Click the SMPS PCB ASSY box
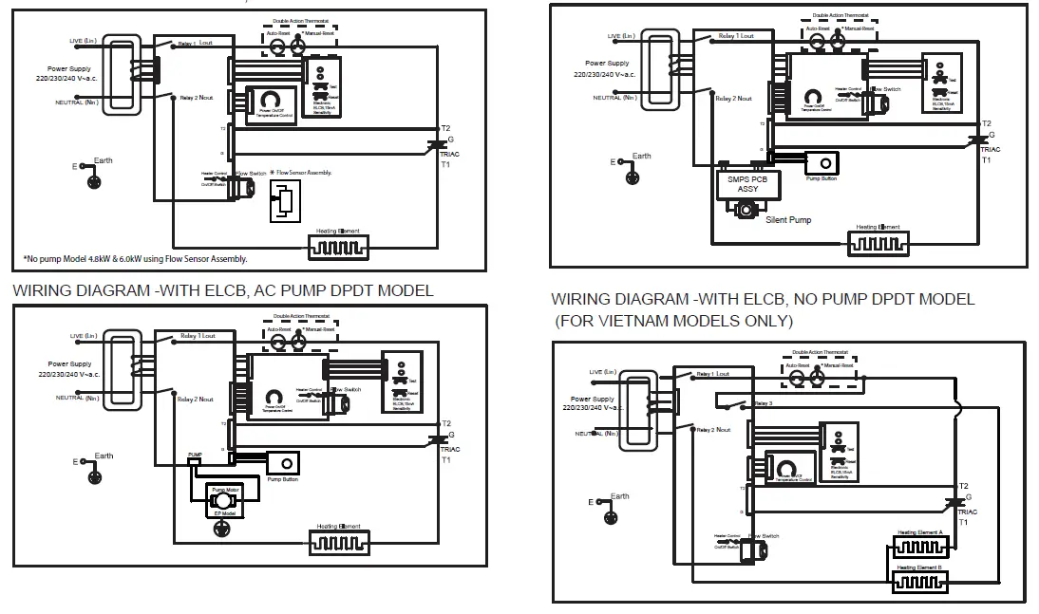pos(747,183)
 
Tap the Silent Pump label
pos(788,219)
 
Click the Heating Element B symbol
pos(919,578)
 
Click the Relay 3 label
pos(764,403)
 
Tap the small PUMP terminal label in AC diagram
pos(195,456)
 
